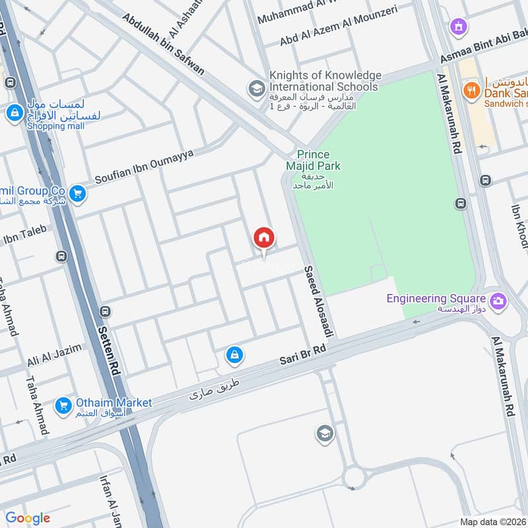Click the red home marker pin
264,238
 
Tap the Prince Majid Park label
318,160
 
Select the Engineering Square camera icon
499,300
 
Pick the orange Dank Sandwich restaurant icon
471,90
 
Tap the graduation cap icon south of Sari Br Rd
325,433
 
